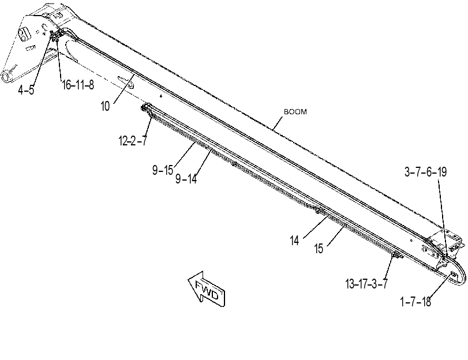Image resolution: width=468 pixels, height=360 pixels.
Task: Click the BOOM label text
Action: click(x=295, y=112)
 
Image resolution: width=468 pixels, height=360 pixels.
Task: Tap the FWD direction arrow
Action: click(x=207, y=289)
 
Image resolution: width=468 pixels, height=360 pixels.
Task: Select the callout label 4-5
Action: click(x=26, y=89)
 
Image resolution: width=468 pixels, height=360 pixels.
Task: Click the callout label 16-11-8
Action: click(x=78, y=85)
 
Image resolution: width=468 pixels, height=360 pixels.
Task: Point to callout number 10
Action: click(x=106, y=106)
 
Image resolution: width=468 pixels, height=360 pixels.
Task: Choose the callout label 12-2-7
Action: click(x=133, y=141)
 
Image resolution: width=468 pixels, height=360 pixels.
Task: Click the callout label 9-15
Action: click(x=163, y=170)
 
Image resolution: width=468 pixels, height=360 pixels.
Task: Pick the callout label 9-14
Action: click(x=186, y=179)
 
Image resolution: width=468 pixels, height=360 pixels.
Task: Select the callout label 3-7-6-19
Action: click(x=426, y=172)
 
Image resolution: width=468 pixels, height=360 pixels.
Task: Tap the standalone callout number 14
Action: click(x=294, y=241)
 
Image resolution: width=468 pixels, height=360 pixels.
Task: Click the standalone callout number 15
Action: click(x=319, y=248)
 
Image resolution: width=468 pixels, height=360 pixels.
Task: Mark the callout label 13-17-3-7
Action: click(x=366, y=284)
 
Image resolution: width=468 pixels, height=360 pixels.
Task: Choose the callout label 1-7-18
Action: click(x=415, y=302)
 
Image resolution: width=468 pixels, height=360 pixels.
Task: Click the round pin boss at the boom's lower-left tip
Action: click(x=7, y=77)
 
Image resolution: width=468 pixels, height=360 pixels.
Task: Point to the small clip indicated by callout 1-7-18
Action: click(x=453, y=274)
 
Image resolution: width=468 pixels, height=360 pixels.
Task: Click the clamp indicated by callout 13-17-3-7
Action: click(x=396, y=255)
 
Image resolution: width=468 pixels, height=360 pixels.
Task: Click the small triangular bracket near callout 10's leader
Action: click(x=126, y=82)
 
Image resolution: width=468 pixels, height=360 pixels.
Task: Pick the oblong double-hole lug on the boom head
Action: click(x=24, y=33)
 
